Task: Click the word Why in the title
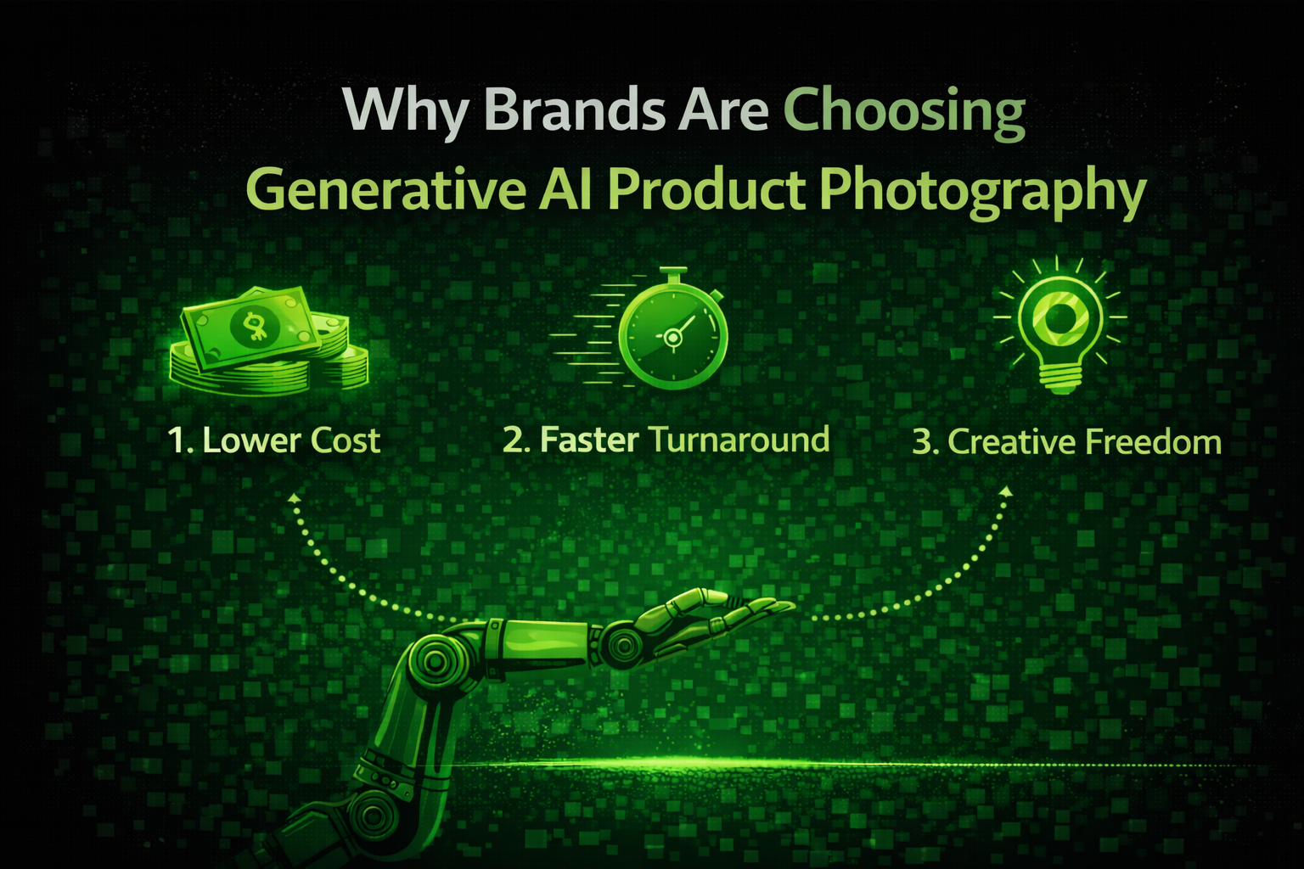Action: pos(402,110)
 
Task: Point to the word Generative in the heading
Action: pos(384,190)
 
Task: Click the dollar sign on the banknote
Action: pos(252,327)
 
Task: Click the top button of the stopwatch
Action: pos(672,274)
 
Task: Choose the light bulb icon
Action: pos(1060,327)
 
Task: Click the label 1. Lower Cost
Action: pos(274,440)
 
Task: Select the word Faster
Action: pos(589,440)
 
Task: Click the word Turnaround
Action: pos(739,440)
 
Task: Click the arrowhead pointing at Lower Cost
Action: pos(294,498)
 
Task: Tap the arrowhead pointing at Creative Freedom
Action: pos(1006,491)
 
